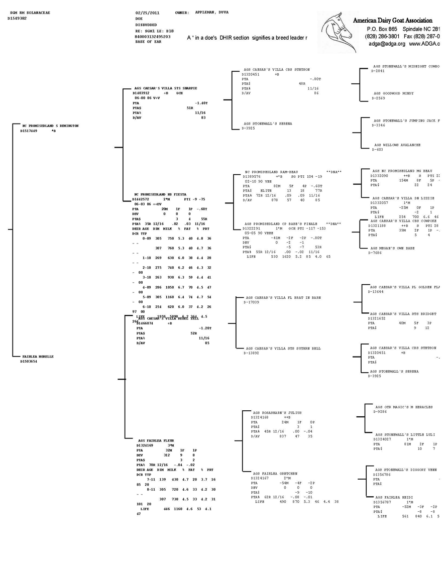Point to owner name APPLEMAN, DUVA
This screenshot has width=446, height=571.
[211, 13]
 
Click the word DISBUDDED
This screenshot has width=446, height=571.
[146, 25]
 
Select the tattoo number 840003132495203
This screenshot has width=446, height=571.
[153, 37]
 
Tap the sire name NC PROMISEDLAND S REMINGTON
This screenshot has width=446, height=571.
[50, 126]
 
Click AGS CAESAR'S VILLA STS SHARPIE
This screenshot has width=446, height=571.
[162, 88]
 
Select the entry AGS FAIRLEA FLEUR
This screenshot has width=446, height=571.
[156, 440]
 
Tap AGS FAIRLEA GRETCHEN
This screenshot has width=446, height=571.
[275, 473]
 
